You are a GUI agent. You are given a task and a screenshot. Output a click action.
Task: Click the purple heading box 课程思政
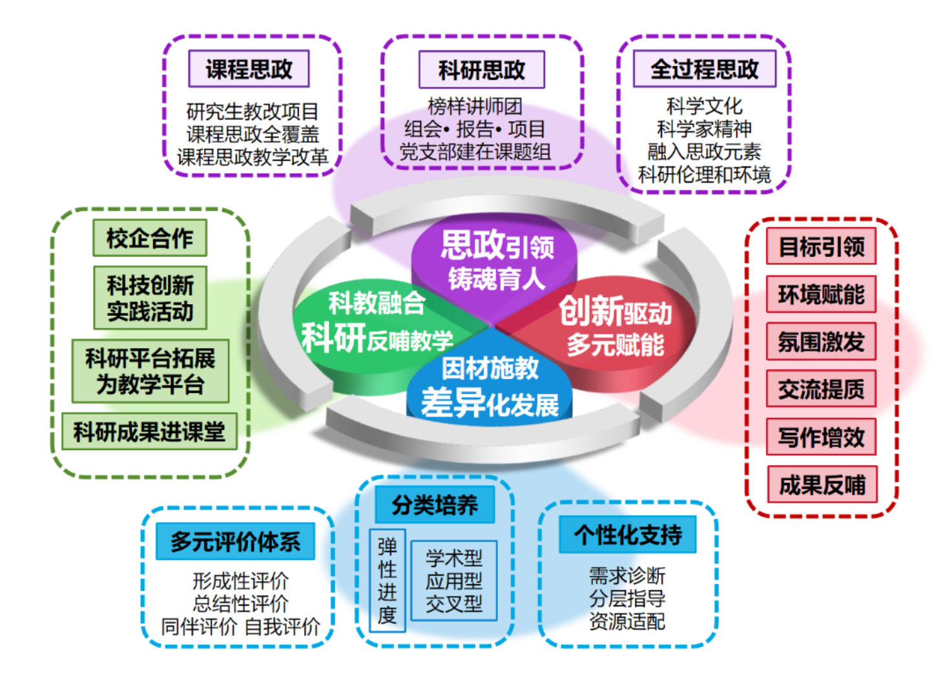tap(249, 69)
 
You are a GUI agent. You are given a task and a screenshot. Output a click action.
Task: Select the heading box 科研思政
tap(481, 70)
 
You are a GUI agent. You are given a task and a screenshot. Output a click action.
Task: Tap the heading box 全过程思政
tap(704, 69)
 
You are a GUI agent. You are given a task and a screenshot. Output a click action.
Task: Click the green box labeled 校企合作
tap(150, 238)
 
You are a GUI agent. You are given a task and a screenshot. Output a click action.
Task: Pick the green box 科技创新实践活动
tap(150, 298)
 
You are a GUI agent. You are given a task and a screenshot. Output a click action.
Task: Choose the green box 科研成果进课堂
tap(149, 431)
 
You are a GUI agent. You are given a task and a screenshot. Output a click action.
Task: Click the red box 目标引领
tap(821, 246)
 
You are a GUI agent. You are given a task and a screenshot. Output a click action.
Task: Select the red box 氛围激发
tap(821, 342)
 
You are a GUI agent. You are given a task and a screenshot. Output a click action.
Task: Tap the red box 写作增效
tap(821, 437)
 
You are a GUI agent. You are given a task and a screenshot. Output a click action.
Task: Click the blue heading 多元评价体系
tap(235, 541)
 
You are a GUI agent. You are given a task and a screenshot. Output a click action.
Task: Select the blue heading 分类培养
tap(435, 504)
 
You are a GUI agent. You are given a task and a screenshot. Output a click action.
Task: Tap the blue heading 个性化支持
tap(627, 534)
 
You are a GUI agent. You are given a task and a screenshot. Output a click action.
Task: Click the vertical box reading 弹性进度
tap(387, 581)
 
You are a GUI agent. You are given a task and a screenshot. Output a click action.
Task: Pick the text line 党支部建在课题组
tap(475, 152)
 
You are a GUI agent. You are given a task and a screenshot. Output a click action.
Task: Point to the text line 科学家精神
tap(704, 129)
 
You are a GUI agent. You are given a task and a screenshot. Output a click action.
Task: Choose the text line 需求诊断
tap(626, 575)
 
